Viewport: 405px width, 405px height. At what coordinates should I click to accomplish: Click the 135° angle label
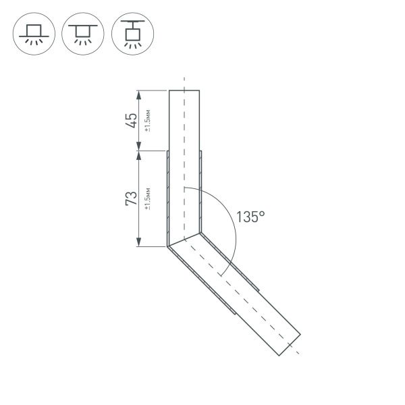pyautogui.click(x=250, y=217)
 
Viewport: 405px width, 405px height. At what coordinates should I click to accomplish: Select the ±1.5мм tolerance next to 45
pyautogui.click(x=148, y=120)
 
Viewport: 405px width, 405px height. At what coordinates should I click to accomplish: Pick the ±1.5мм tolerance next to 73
pyautogui.click(x=148, y=198)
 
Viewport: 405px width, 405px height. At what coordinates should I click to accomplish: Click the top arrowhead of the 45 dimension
pyautogui.click(x=138, y=94)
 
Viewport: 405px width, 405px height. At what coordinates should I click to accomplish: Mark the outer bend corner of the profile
pyautogui.click(x=167, y=246)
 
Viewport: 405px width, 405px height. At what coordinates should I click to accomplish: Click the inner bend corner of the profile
pyautogui.click(x=200, y=233)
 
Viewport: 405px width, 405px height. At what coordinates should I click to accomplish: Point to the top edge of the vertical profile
pyautogui.click(x=184, y=90)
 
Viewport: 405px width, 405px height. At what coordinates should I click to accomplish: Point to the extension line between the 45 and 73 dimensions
pyautogui.click(x=152, y=151)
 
